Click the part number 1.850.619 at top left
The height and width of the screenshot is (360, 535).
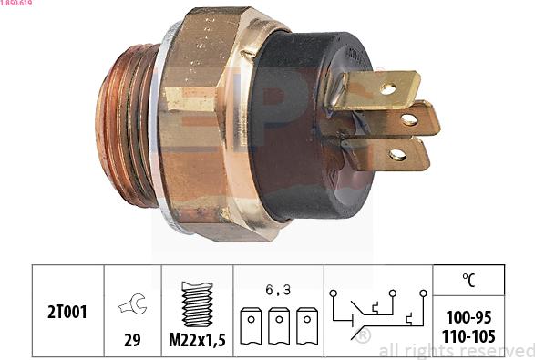coord(18,5)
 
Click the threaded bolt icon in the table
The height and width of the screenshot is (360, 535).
coord(196,304)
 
